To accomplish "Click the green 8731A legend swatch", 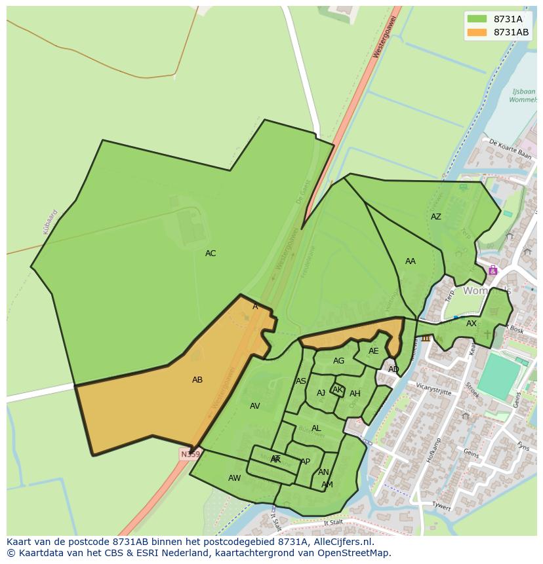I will click(x=477, y=19).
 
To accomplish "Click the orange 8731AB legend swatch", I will click(x=477, y=32).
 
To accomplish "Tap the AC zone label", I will click(x=211, y=254).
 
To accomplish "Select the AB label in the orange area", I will click(x=197, y=380).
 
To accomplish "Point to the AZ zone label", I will click(x=436, y=217).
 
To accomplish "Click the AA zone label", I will click(x=411, y=261).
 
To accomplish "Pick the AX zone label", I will click(x=472, y=324).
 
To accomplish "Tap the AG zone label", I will click(x=338, y=361).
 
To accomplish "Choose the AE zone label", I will click(x=374, y=351).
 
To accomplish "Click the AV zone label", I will click(x=255, y=406).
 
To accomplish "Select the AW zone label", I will click(x=234, y=478).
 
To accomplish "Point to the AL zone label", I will click(x=316, y=428).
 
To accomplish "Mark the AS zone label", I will click(x=301, y=381).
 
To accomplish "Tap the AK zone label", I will click(x=338, y=390).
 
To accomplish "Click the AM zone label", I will click(x=327, y=485).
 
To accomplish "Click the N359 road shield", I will click(x=190, y=454).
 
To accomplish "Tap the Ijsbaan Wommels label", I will click(x=523, y=96).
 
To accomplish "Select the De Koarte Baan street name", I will click(x=510, y=149).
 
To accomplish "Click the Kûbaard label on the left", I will click(x=50, y=221).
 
